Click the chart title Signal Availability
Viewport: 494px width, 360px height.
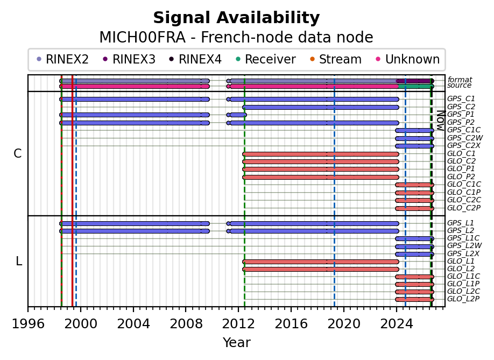point(236,18)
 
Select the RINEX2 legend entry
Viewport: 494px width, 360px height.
point(63,59)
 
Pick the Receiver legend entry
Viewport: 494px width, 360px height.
point(266,59)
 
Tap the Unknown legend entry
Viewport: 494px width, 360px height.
point(408,59)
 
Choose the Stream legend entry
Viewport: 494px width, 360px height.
point(336,59)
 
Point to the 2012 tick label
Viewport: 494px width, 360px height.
point(238,324)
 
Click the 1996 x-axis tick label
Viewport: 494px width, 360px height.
point(28,324)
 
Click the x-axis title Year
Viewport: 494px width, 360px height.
point(237,343)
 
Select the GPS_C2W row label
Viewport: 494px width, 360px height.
point(465,138)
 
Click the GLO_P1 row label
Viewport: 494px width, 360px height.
point(461,169)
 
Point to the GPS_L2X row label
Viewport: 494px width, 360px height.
point(463,253)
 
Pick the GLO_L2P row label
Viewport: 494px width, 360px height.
point(463,299)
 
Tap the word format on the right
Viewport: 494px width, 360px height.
point(460,80)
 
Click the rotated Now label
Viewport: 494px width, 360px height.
point(441,121)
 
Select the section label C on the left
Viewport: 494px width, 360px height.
point(18,154)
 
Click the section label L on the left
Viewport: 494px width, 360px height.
point(19,261)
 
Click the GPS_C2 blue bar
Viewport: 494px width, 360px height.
point(321,108)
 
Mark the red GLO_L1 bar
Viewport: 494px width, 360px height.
point(321,262)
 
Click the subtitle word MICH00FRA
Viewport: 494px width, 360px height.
point(143,38)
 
